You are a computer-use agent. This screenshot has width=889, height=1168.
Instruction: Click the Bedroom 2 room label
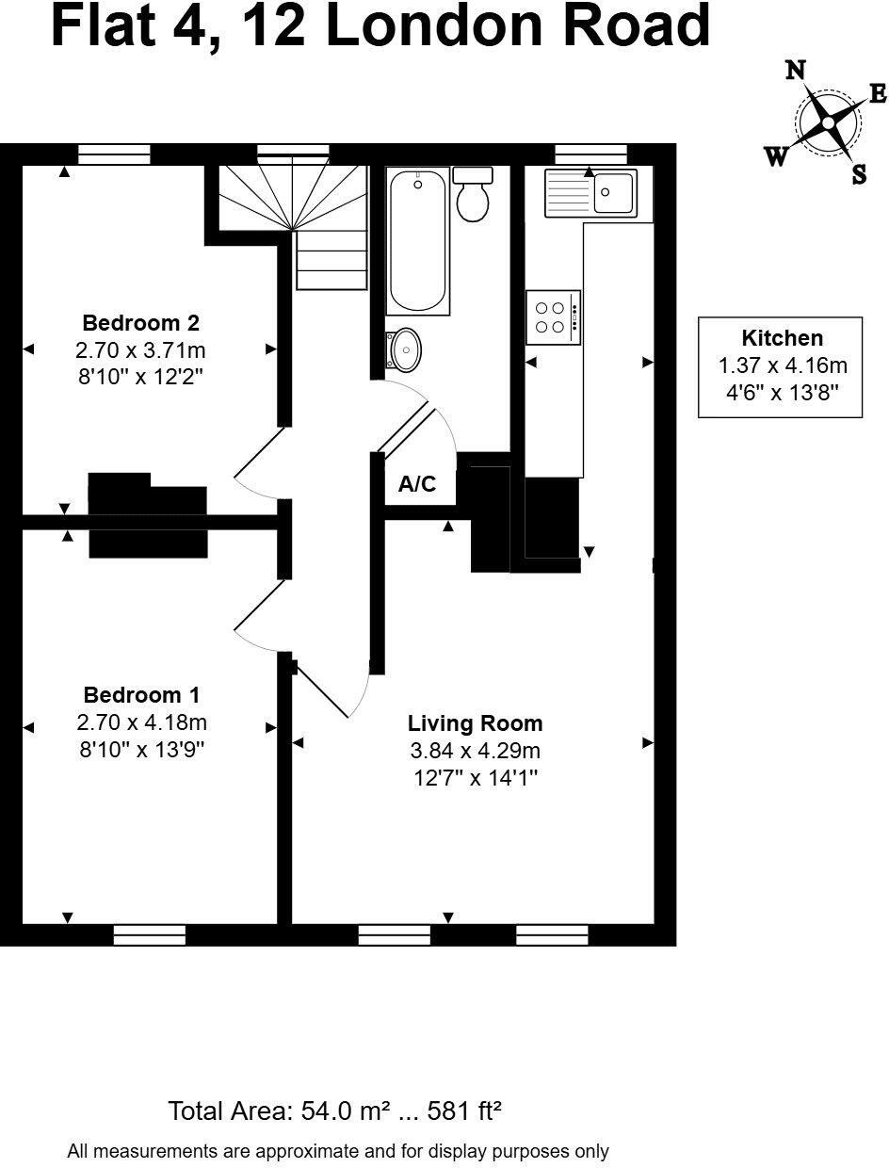(140, 323)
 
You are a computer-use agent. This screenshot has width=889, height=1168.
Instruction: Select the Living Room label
(475, 723)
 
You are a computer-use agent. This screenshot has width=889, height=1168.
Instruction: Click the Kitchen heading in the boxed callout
(782, 338)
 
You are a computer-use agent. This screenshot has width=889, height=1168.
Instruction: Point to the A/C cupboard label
(417, 485)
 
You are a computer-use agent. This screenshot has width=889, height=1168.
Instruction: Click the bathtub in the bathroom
(417, 240)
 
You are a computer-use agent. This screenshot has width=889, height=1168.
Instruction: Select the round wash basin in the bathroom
(405, 349)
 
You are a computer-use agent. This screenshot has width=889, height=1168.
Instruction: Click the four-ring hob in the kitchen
(552, 316)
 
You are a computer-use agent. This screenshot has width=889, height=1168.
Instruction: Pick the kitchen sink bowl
(614, 193)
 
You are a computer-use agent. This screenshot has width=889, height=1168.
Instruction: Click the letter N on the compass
(796, 71)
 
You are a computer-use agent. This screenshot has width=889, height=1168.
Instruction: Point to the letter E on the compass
(877, 93)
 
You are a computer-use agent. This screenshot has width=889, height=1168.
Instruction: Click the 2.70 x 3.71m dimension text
(140, 350)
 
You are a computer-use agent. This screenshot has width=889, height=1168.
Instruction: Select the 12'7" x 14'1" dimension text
(475, 778)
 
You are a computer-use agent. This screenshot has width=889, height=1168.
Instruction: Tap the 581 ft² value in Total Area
(464, 1111)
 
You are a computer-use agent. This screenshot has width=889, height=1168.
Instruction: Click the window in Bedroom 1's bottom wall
(149, 934)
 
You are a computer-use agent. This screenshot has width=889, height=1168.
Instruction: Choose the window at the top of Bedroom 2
(114, 154)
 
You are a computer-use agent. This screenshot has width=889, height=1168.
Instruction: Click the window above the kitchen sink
(590, 154)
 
